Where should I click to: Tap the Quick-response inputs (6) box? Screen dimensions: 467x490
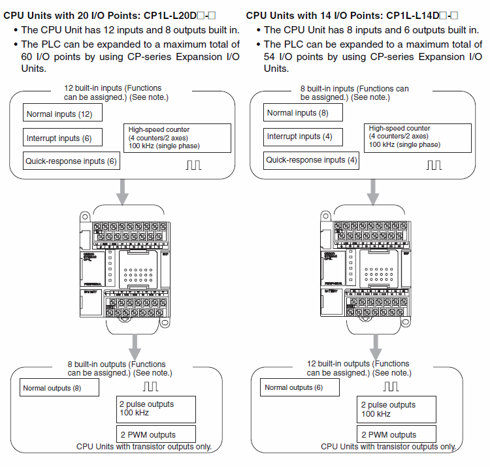click(71, 160)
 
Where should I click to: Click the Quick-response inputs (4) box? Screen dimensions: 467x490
click(312, 159)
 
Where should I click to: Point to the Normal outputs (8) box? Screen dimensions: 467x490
click(59, 387)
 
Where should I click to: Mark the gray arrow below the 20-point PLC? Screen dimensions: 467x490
click(135, 344)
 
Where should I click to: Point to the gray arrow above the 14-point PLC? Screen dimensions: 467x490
click(372, 190)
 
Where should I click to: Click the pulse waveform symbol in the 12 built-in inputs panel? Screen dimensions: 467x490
click(193, 164)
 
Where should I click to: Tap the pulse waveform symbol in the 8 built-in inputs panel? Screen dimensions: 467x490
click(434, 164)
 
